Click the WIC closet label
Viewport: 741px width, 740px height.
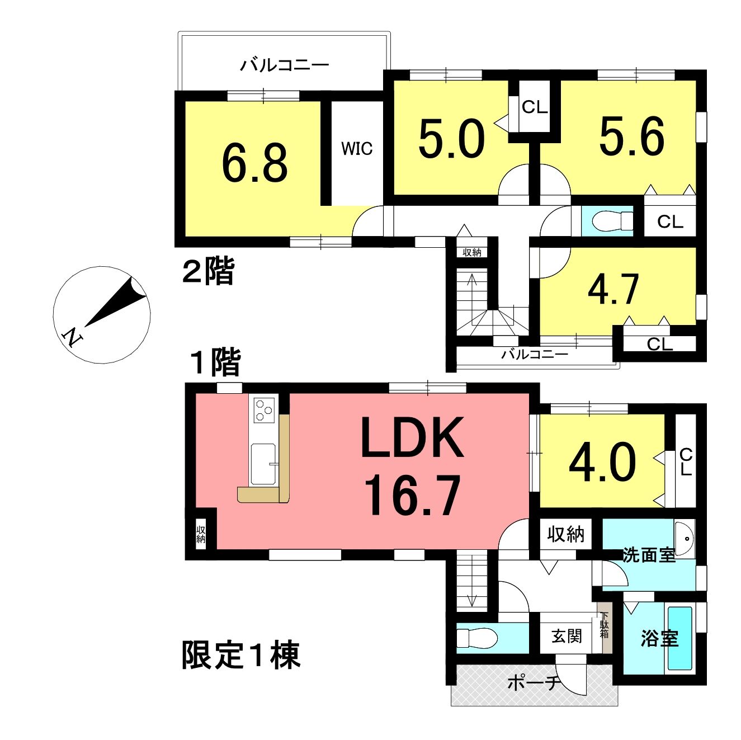click(x=357, y=148)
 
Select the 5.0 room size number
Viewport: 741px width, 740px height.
click(x=451, y=139)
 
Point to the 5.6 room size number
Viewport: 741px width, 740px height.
click(x=632, y=136)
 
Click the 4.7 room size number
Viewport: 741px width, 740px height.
click(x=613, y=289)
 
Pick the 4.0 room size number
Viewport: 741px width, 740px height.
click(x=602, y=463)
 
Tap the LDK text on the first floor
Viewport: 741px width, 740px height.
click(x=412, y=437)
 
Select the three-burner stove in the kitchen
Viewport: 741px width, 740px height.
click(x=264, y=409)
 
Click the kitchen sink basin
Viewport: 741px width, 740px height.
click(x=263, y=464)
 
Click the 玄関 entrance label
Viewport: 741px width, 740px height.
click(x=567, y=636)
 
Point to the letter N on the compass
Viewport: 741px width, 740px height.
click(x=73, y=337)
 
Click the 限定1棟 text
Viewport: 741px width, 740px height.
click(x=241, y=654)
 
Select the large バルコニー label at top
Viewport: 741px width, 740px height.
click(x=285, y=65)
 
